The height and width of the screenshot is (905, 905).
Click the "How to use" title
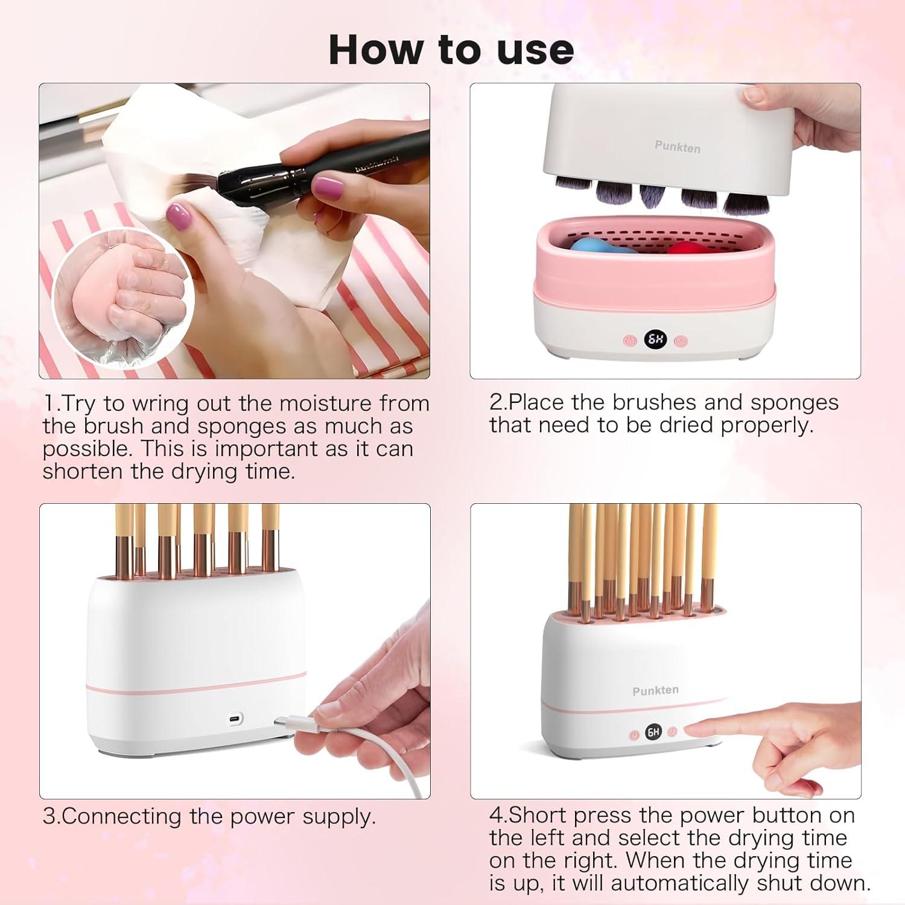coord(451,49)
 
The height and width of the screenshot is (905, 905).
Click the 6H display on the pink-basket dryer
coord(655,340)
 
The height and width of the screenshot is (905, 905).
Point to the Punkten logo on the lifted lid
coord(678,147)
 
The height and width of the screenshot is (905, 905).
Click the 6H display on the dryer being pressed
coord(653,732)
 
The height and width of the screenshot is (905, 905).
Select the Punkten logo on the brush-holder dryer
coord(655,690)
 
